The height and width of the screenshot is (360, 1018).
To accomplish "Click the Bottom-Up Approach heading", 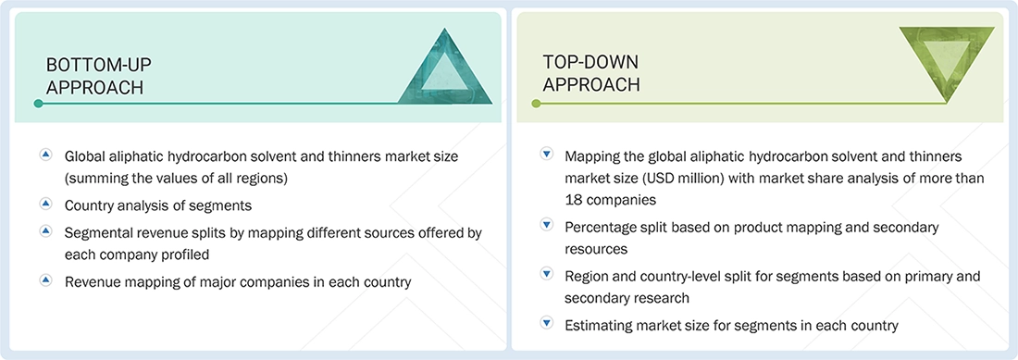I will coord(99,76).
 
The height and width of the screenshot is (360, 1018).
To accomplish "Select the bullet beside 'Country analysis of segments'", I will coord(45,203).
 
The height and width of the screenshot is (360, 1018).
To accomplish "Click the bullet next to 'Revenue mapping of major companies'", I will coord(45,279).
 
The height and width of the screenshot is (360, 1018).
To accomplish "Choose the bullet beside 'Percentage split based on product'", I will coord(546,225).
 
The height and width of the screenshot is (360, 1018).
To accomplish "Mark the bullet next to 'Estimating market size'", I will coord(546,323).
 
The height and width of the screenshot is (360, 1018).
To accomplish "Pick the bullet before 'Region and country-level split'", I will coord(546,274).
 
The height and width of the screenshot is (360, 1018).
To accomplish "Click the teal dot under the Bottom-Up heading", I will coord(38,104).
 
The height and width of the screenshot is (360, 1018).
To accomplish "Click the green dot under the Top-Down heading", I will coord(536,104).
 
